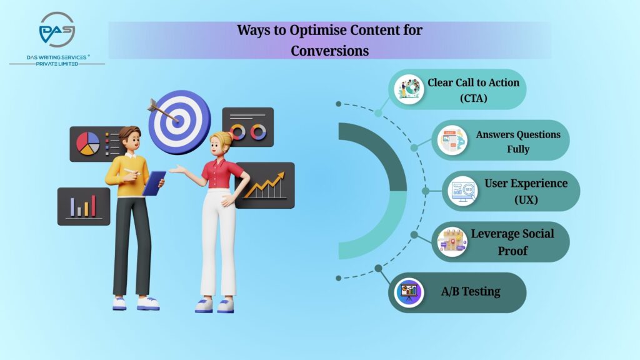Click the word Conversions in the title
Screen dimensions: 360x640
pos(329,51)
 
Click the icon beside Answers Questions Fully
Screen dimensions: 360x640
pos(452,141)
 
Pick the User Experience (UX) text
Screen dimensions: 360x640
pos(526,191)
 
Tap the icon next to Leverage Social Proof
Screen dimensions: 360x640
pos(452,242)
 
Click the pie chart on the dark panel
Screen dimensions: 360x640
pos(87,143)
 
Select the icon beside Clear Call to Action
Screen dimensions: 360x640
pos(409,89)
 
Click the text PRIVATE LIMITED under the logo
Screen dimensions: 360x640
pos(56,64)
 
